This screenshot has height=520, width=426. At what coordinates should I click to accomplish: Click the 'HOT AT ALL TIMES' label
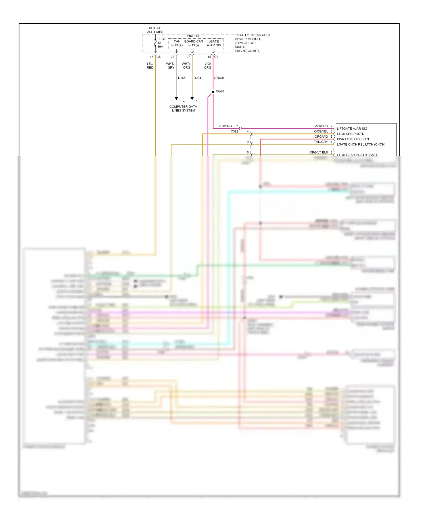pyautogui.click(x=155, y=30)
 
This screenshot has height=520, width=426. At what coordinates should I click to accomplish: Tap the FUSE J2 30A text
pyautogui.click(x=161, y=43)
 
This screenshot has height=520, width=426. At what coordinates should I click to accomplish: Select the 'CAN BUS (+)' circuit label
pyautogui.click(x=177, y=43)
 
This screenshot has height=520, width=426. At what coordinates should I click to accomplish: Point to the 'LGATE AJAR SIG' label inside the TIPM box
pyautogui.click(x=214, y=43)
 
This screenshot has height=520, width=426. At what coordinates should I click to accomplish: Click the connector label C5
pyautogui.click(x=158, y=57)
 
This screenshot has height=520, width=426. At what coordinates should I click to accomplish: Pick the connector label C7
pyautogui.click(x=216, y=57)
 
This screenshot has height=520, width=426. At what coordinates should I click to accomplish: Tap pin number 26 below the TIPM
pyautogui.click(x=172, y=57)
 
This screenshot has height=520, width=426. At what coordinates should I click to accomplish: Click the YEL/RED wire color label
pyautogui.click(x=150, y=66)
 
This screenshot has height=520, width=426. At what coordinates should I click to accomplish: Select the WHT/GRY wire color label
pyautogui.click(x=170, y=66)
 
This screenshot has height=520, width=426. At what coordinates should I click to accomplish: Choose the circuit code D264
pyautogui.click(x=197, y=78)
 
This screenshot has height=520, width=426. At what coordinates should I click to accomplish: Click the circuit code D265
pyautogui.click(x=181, y=78)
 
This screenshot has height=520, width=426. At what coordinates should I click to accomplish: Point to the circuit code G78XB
pyautogui.click(x=219, y=78)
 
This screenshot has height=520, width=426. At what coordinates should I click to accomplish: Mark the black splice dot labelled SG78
pyautogui.click(x=213, y=92)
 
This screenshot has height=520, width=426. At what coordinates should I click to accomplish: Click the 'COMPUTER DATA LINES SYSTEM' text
pyautogui.click(x=183, y=109)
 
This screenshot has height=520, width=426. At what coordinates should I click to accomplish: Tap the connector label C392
pyautogui.click(x=234, y=131)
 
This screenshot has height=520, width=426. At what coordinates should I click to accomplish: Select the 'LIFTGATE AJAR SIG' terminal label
pyautogui.click(x=352, y=129)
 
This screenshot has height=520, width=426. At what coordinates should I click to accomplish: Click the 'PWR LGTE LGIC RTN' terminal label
pyautogui.click(x=353, y=139)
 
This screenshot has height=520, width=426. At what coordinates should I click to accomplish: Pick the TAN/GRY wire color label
pyautogui.click(x=321, y=142)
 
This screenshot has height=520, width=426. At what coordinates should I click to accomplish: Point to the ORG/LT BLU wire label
pyautogui.click(x=319, y=152)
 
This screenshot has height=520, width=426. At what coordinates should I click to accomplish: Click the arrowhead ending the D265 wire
pyautogui.click(x=176, y=98)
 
